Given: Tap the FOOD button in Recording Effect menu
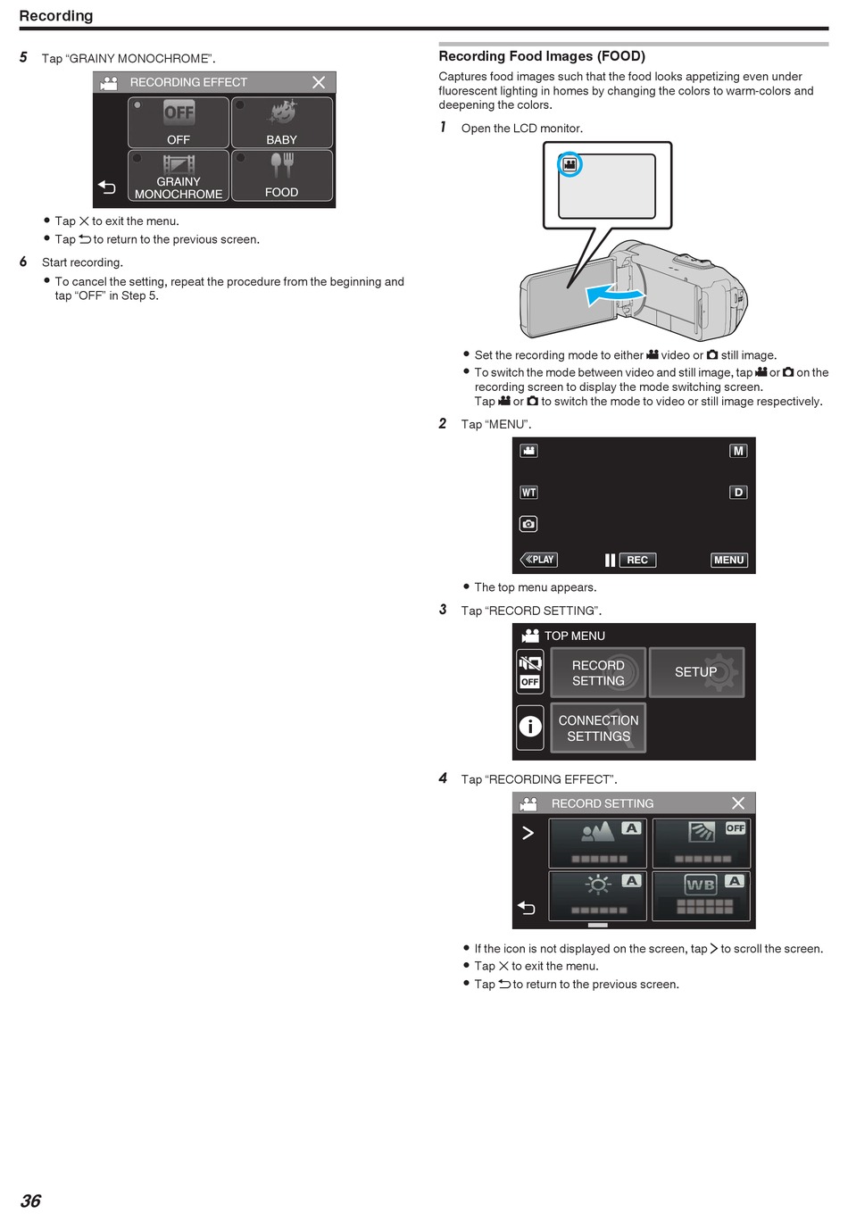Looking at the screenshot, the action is [x=282, y=176].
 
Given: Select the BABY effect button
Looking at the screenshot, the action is [x=282, y=122].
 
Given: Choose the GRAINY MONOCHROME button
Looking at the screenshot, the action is [x=179, y=176].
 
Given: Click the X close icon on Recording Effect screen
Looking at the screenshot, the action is [x=319, y=82].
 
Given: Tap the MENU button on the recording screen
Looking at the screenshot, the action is [x=728, y=560].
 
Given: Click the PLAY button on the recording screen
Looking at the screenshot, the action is [x=538, y=560].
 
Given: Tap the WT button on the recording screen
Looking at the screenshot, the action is [x=528, y=492].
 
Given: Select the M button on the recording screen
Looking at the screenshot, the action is [x=738, y=451].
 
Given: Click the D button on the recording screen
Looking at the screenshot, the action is [x=738, y=492].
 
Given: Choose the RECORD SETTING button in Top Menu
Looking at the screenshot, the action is [x=598, y=672].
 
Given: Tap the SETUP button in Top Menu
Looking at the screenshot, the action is [x=696, y=672].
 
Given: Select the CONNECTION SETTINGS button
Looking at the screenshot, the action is [x=598, y=728].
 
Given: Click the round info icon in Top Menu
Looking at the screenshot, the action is [x=530, y=727].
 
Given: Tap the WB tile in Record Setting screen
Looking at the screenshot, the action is [x=701, y=896].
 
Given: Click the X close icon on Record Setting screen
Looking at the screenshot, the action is [x=738, y=803].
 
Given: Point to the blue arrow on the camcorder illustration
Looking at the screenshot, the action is [x=614, y=295].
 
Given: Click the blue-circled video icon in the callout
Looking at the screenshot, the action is [x=569, y=164].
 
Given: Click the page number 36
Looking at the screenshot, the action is [x=30, y=1201].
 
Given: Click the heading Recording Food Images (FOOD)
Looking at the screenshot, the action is [x=542, y=56].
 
